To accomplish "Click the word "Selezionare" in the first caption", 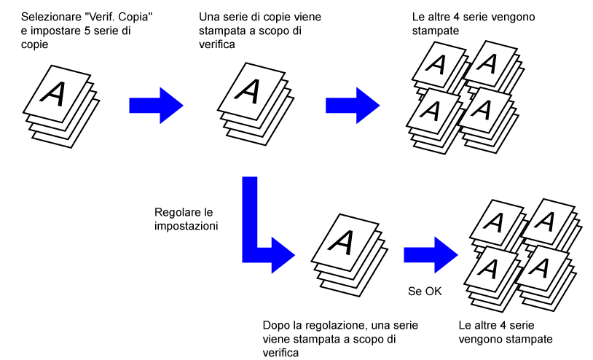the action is click(52, 17).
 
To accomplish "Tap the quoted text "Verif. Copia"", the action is click(119, 17).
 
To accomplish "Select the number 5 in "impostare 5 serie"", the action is click(87, 31).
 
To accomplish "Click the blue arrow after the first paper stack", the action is click(156, 106).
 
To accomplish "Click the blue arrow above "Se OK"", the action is click(431, 255).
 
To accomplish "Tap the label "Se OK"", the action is click(425, 291).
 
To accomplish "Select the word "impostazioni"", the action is click(186, 226).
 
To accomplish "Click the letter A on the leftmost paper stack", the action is click(53, 93).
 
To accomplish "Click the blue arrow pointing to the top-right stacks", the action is click(353, 106).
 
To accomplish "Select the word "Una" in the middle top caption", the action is click(209, 17).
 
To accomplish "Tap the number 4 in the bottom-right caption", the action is click(502, 326).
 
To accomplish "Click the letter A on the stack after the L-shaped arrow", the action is click(341, 243).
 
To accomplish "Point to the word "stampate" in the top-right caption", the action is click(436, 31).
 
